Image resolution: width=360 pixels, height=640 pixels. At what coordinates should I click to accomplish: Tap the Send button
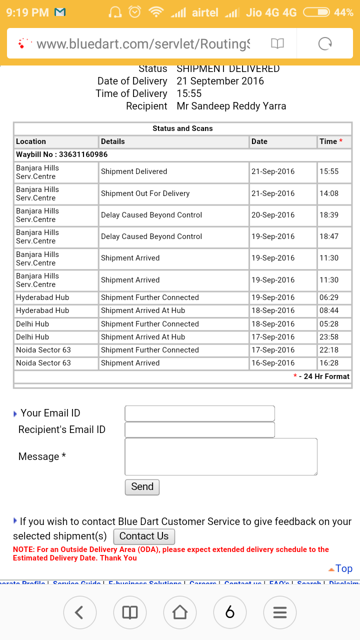pos(142,487)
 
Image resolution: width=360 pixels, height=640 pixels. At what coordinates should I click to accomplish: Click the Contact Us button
pos(144,536)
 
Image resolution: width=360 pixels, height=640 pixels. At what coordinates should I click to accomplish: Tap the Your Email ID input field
pos(199,413)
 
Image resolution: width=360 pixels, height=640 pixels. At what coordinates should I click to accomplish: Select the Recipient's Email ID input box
pos(199,430)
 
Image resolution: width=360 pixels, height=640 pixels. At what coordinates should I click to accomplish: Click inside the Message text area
pos(220,456)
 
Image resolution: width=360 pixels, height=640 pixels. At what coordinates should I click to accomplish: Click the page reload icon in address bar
pos(325,44)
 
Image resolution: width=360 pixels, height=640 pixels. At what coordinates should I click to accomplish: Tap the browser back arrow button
pos(78,612)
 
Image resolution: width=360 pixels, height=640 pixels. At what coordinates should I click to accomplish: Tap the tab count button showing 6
pos(230,612)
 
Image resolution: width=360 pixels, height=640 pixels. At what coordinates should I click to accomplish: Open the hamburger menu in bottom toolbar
pos(280,612)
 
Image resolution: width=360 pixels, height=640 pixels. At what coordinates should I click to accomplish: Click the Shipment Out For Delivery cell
pos(145,193)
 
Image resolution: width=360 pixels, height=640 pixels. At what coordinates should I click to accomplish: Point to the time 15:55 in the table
pos(329,171)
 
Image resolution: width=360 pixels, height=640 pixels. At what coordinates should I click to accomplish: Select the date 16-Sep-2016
pos(273,363)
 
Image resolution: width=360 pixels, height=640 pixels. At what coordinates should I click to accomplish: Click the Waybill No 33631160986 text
pos(62,154)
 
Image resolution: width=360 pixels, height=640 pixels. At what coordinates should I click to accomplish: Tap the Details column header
pos(113,141)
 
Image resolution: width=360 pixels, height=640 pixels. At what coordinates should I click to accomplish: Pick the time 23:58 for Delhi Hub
pos(329,337)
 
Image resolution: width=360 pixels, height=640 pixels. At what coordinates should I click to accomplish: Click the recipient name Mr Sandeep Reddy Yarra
pos(231,106)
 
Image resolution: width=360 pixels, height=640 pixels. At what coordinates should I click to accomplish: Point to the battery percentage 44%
pos(343,12)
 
